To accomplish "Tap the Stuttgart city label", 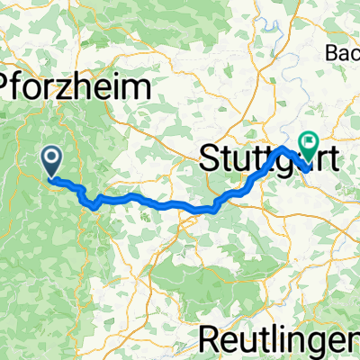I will (269, 161).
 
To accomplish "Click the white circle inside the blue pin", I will (52, 157).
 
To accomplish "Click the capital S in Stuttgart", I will (208, 161).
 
